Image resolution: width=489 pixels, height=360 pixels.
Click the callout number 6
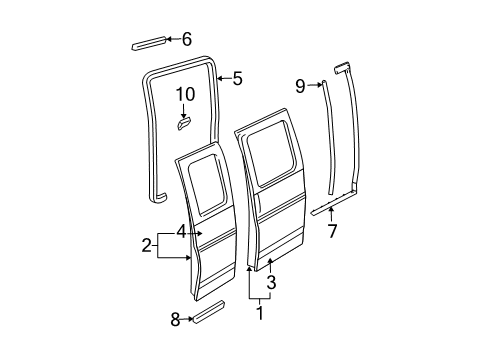pos(186,39)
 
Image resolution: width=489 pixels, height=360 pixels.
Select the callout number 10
pos(185,95)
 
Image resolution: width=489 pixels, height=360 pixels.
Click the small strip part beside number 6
pos(147,43)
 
